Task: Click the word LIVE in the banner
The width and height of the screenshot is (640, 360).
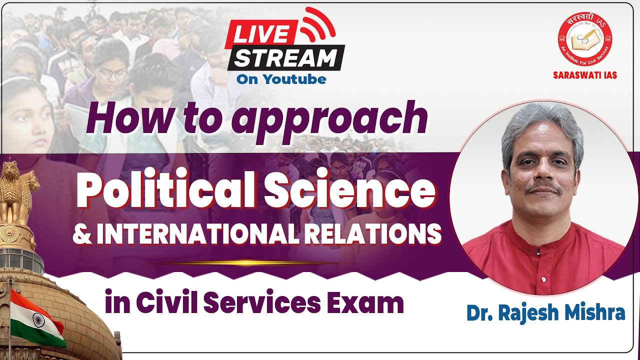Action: [260, 34]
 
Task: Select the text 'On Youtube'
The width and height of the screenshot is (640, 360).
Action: [281, 79]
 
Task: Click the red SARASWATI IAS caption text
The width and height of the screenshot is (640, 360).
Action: [584, 75]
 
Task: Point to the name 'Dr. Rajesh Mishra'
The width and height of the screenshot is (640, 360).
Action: [545, 312]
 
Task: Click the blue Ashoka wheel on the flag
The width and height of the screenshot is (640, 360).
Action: [38, 319]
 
